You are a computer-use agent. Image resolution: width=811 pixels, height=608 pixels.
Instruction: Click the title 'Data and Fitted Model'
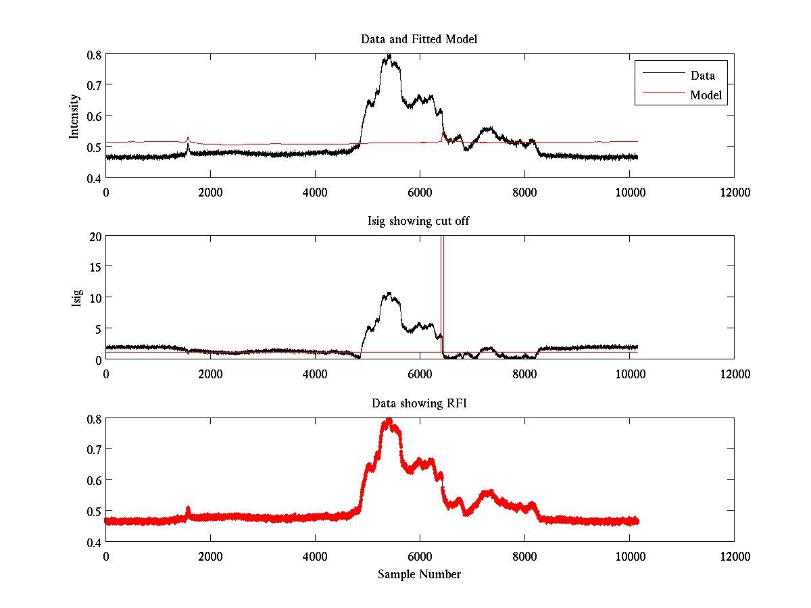(419, 39)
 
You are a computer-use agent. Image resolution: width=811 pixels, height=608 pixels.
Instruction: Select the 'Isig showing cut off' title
(419, 222)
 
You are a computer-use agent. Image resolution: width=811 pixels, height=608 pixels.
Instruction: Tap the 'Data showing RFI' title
(419, 403)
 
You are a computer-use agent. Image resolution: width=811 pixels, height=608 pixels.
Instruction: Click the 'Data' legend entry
(702, 76)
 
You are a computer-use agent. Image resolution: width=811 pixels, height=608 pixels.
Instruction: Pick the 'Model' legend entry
(706, 95)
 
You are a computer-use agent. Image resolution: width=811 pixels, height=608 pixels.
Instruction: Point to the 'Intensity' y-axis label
(75, 116)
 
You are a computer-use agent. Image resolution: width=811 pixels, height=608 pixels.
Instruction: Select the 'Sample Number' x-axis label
(419, 574)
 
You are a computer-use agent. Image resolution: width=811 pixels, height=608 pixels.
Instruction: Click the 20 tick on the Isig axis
(95, 236)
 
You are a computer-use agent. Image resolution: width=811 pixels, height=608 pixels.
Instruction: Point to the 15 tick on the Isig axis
(95, 267)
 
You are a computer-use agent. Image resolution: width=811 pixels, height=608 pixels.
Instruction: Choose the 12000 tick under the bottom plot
(734, 556)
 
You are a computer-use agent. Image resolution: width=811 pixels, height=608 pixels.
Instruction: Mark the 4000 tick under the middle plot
(315, 374)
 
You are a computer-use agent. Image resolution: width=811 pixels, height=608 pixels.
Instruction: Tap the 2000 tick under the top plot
(210, 192)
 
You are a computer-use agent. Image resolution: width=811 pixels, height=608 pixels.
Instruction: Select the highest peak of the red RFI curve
(389, 420)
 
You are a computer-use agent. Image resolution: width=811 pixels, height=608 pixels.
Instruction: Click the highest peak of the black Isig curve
(388, 293)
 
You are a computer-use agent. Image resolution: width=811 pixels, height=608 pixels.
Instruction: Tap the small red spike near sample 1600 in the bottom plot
(188, 508)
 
